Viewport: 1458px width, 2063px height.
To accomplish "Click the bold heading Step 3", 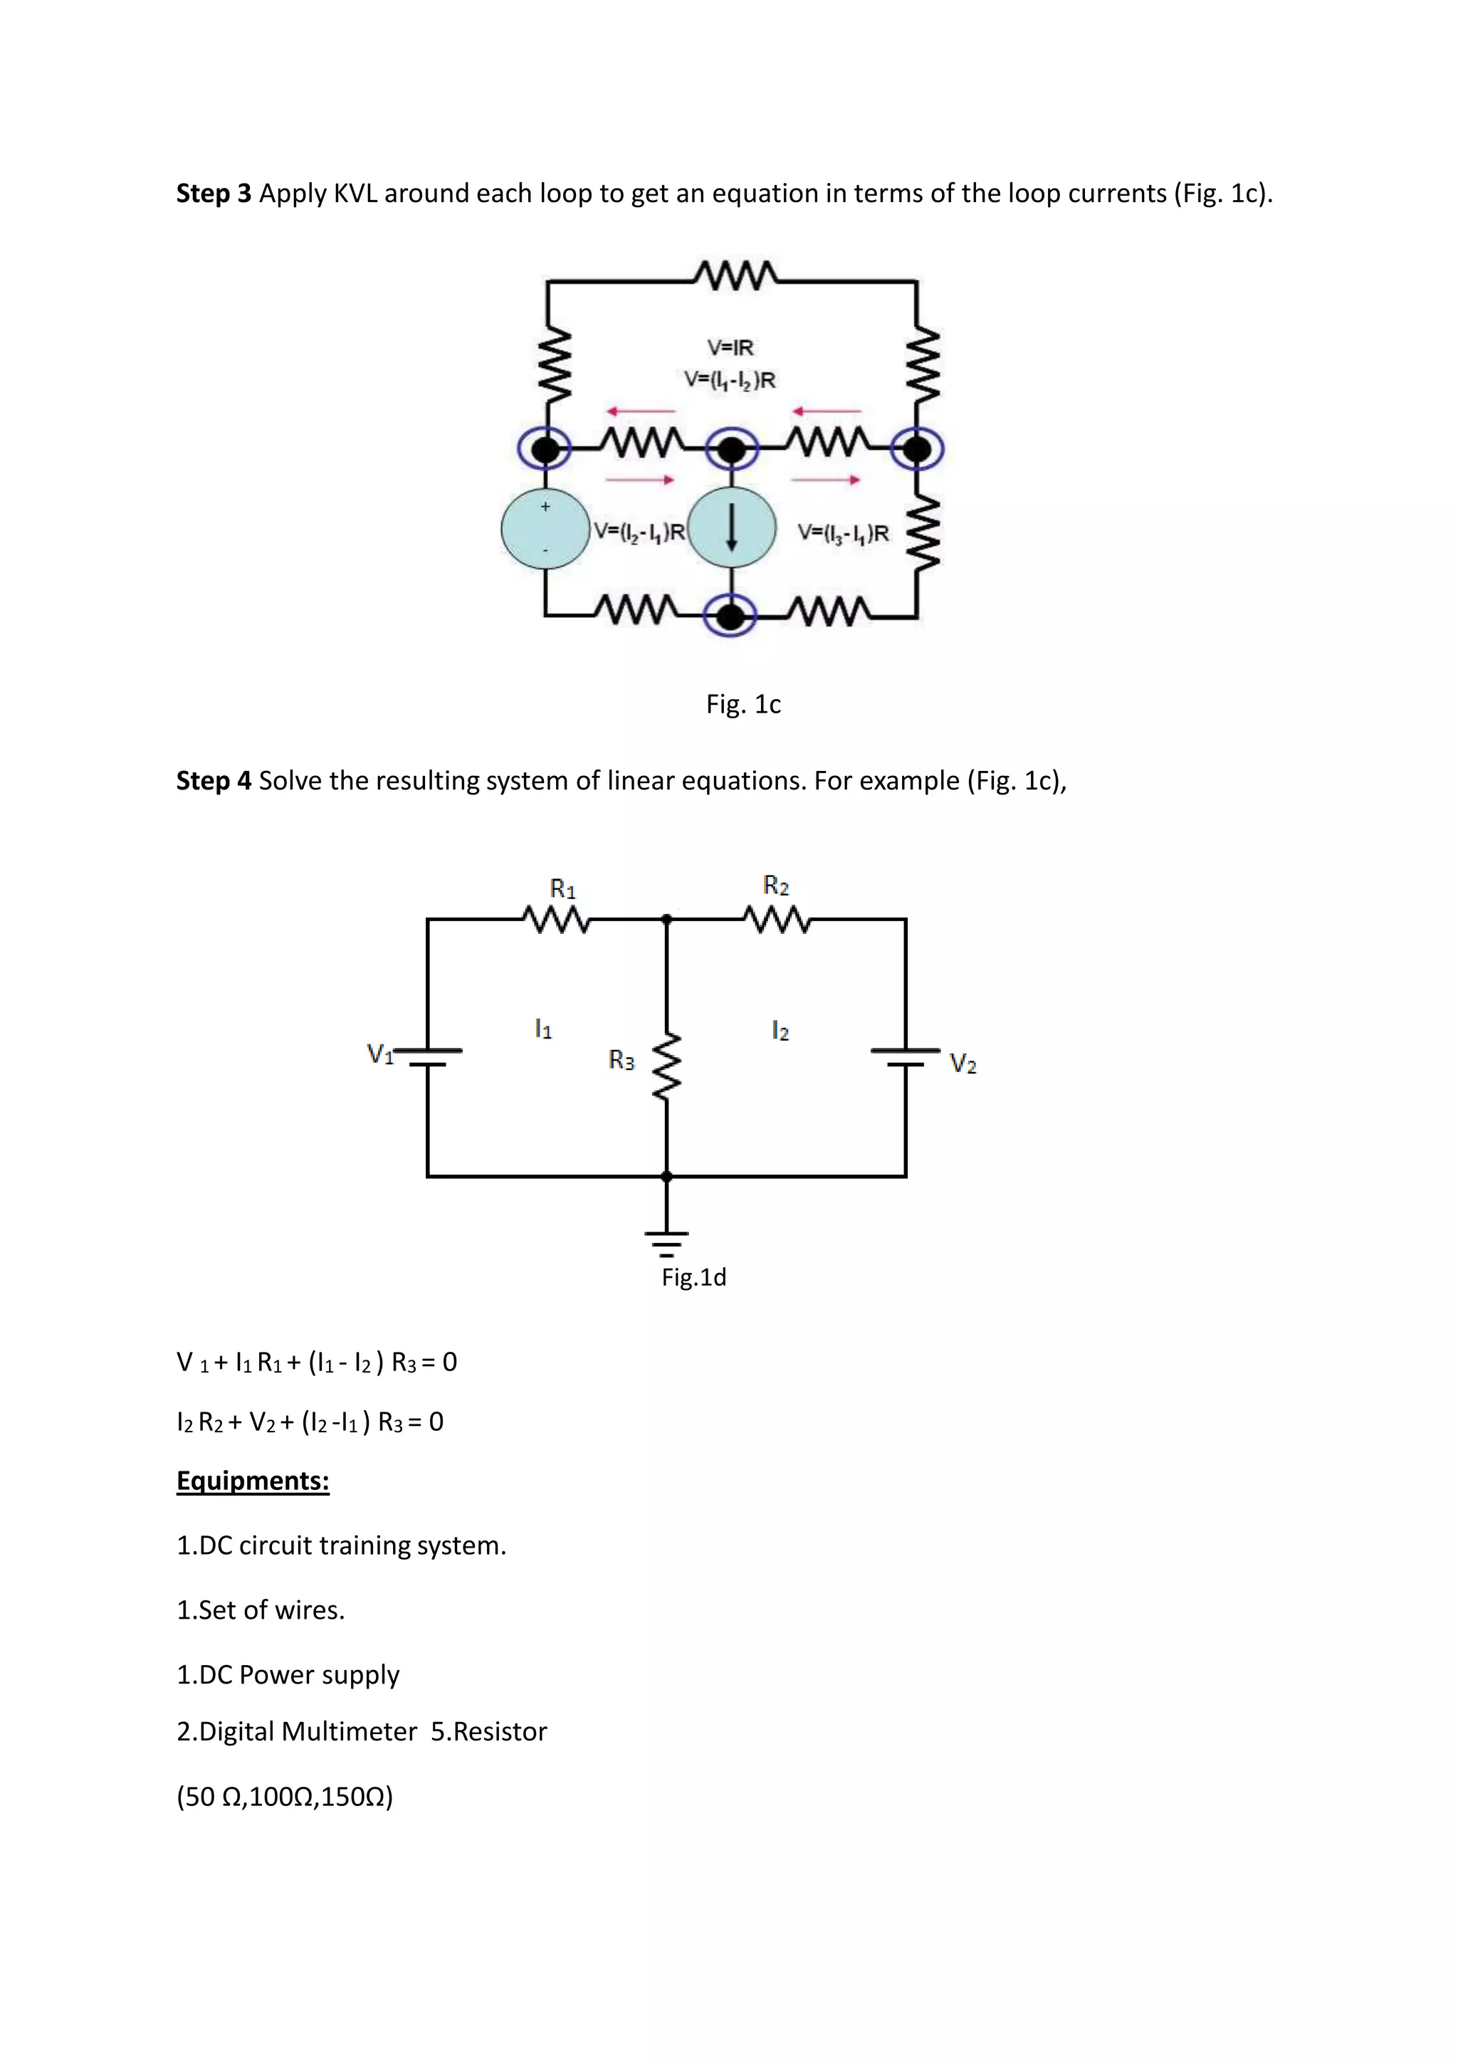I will point(214,193).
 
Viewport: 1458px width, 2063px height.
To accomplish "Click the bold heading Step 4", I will point(214,780).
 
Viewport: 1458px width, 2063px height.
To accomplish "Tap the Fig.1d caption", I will point(693,1277).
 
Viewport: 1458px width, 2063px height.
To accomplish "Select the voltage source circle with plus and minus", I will point(545,529).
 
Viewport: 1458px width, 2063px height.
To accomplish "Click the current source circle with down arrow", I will point(732,528).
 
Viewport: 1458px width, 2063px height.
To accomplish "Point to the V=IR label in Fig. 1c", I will point(730,347).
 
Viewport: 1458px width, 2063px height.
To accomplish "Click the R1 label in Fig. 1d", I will point(562,888).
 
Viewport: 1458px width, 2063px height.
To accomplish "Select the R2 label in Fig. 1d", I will point(776,886).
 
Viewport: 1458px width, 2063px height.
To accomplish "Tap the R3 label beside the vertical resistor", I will point(622,1060).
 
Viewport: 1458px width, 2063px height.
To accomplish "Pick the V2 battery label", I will point(963,1064).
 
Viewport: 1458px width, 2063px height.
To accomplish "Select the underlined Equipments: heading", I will point(253,1480).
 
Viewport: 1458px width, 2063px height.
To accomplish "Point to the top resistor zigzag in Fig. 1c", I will point(735,275).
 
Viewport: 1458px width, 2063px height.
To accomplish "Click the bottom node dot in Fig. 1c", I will point(731,616).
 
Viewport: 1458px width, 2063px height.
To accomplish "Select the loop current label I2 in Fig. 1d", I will point(780,1031).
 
